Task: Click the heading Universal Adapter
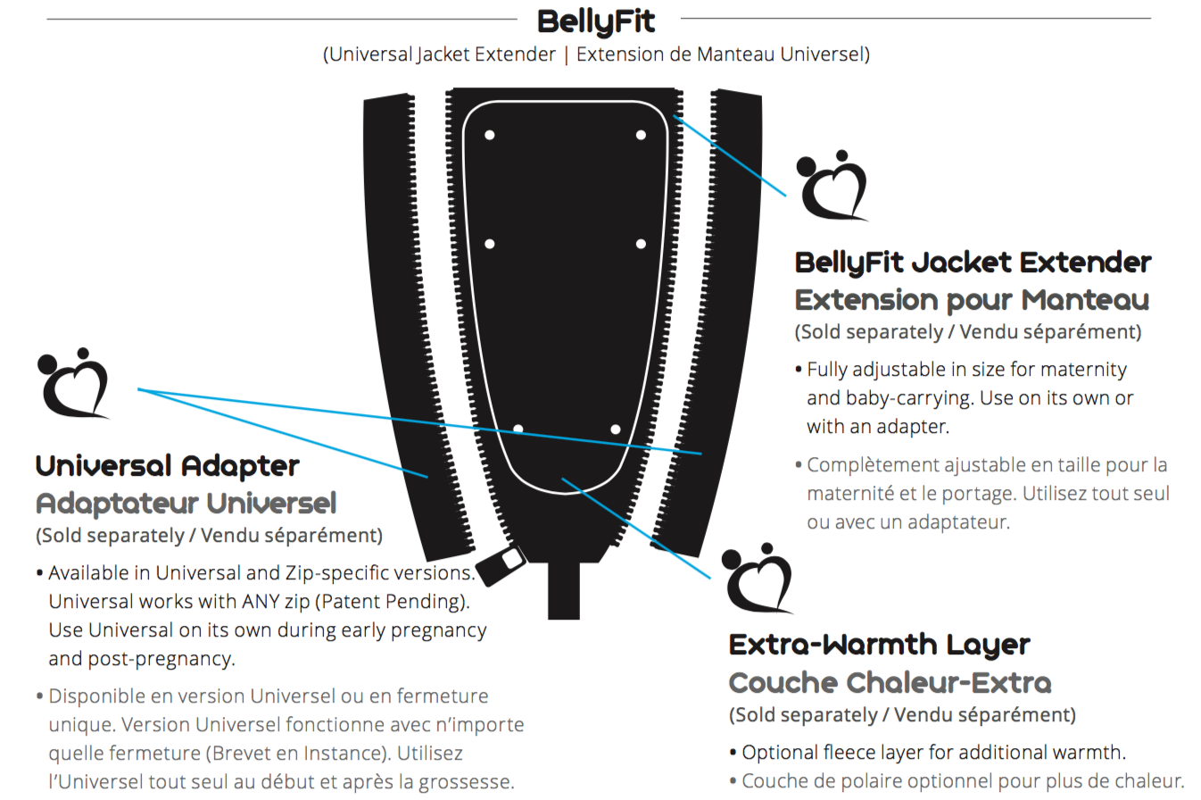168,465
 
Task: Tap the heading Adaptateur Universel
186,504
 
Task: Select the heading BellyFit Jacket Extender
973,262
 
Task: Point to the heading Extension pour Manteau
972,299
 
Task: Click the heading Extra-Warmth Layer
880,644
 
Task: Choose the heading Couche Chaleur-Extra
890,683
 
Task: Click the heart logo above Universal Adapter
73,384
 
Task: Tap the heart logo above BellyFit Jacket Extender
832,186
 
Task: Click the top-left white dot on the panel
489,136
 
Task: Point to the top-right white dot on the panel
641,136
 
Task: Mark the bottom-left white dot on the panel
518,429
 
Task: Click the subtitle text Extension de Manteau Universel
722,54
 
